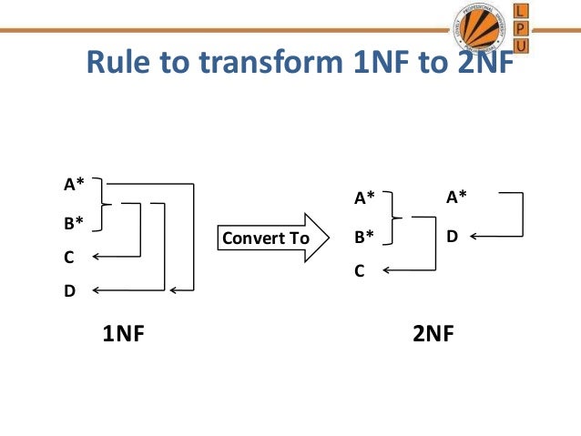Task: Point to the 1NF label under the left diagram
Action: [124, 334]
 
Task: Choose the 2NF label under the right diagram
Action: [433, 334]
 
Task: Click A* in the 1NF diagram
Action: [73, 185]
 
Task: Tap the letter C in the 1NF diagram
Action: [68, 258]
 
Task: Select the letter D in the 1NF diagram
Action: [69, 292]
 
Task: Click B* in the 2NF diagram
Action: [364, 238]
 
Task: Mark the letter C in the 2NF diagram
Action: [360, 270]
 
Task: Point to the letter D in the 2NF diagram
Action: [452, 237]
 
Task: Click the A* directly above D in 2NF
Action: [456, 195]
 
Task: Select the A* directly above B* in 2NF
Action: [364, 198]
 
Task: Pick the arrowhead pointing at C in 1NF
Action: [95, 258]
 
